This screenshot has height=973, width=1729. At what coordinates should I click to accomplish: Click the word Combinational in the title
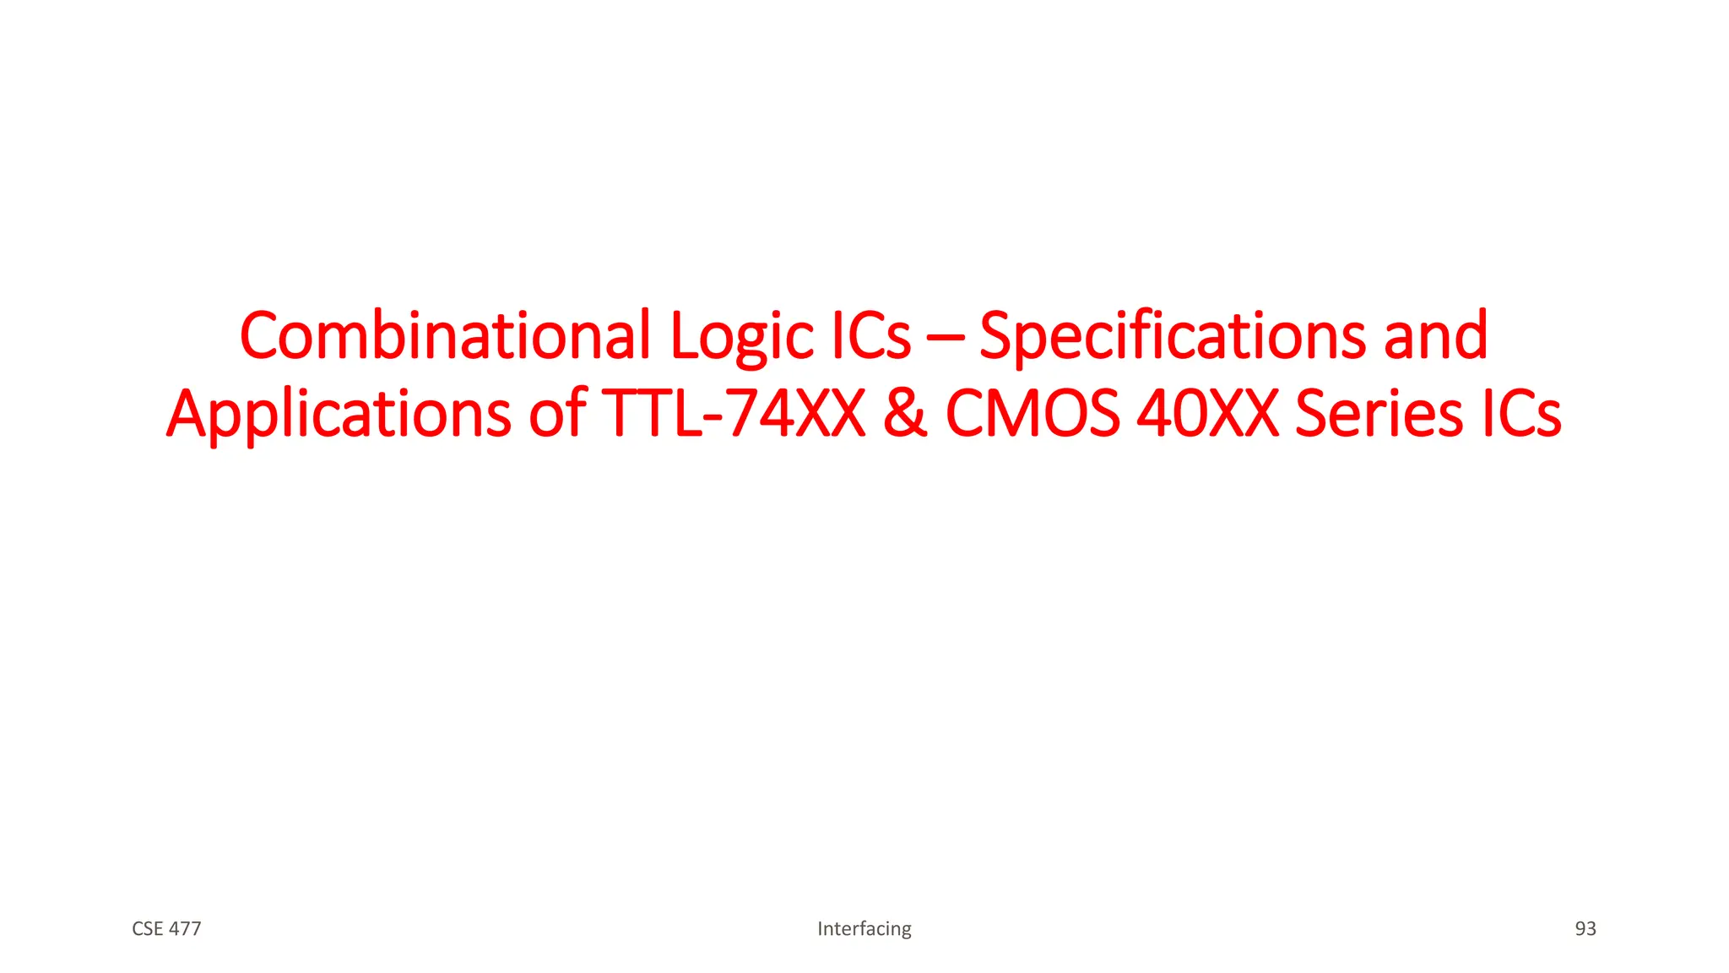[446, 336]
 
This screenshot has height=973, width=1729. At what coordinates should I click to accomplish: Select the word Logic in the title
[741, 336]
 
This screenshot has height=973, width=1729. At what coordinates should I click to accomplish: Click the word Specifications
[1172, 336]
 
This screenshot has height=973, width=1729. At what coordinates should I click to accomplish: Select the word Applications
[339, 414]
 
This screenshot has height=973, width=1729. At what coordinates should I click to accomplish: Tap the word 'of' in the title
[557, 414]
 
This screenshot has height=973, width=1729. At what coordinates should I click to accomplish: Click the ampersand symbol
[905, 414]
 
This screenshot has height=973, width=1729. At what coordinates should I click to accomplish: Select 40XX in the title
[1207, 414]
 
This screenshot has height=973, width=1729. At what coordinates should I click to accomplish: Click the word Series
[1379, 414]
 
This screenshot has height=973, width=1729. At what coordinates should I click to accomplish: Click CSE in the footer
[147, 929]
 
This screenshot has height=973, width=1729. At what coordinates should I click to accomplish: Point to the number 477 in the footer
[185, 929]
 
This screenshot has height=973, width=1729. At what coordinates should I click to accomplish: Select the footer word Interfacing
[864, 929]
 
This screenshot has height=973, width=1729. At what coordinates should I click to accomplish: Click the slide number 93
[1585, 929]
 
